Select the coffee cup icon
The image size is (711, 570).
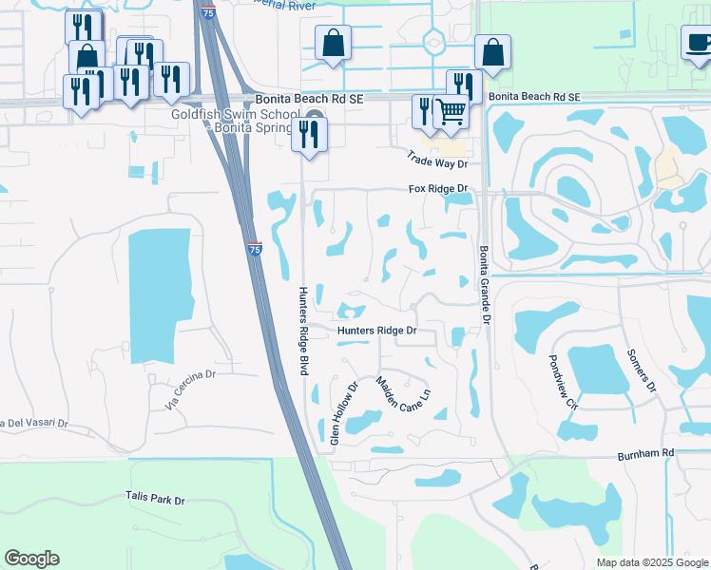coord(699,43)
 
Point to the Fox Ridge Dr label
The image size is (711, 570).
coord(439,189)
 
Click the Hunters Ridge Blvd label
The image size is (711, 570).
coord(303,331)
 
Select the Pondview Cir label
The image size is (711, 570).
coord(564,383)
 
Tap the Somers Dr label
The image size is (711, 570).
coord(642,370)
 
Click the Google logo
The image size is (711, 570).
coord(31,559)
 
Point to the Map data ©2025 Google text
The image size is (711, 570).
coord(651,562)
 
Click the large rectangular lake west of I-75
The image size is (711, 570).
coord(159,294)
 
